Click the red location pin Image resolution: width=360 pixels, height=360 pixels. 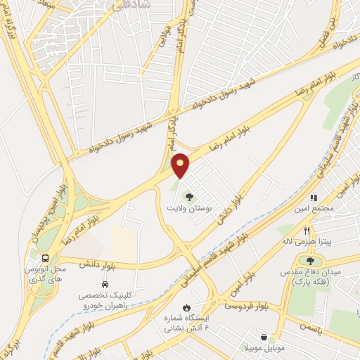coord(181,164)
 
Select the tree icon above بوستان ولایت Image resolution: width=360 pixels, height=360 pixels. coord(188,195)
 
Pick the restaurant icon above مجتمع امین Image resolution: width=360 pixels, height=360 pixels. coord(314,198)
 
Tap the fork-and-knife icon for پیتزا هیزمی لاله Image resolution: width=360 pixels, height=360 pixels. coord(307,231)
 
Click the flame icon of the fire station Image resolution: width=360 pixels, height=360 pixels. coord(186,308)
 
